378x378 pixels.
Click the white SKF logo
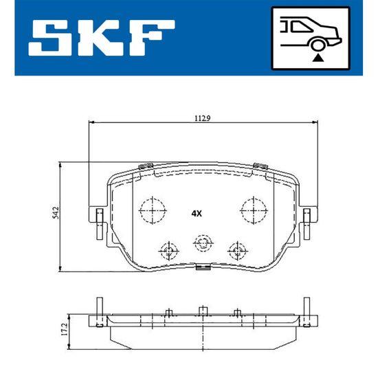101,38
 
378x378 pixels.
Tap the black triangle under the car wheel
318,58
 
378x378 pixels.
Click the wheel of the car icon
318,45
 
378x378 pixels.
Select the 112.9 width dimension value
203,118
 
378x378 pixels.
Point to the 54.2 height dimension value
56,212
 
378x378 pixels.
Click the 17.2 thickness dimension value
64,329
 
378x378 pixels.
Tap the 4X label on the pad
197,213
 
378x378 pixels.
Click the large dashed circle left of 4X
153,210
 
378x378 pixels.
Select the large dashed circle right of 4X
254,210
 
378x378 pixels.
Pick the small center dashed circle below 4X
203,243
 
